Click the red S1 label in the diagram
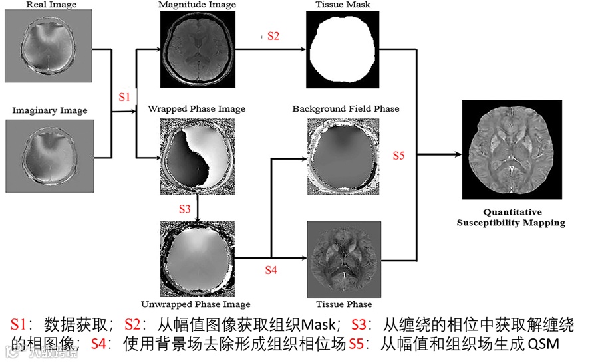(124, 97)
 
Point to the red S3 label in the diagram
(186, 209)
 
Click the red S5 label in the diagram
(398, 156)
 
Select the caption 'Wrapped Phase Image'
(196, 109)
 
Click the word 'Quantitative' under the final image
(510, 213)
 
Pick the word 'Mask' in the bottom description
(320, 326)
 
